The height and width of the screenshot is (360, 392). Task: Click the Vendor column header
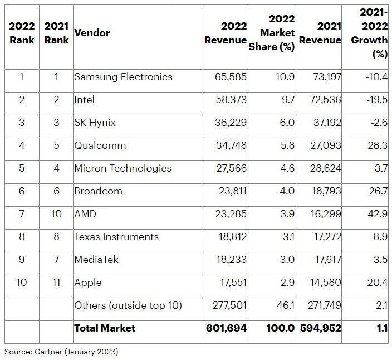coord(92,33)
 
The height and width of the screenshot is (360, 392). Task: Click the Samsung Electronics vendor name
coord(123,77)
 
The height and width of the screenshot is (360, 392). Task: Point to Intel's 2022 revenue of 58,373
coord(231,100)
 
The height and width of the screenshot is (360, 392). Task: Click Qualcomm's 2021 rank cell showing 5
coord(56,145)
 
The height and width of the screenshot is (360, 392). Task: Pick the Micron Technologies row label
coord(122,168)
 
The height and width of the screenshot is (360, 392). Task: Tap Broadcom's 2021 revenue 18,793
coord(325,191)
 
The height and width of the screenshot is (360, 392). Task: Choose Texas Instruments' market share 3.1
coord(287,237)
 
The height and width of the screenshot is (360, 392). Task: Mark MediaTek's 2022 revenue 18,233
coord(231,260)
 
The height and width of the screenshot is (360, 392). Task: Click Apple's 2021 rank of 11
coord(56,283)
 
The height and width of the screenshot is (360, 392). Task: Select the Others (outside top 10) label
coord(128,305)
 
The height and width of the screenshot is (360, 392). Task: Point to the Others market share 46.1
coord(286,305)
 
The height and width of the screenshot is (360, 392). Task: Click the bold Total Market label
coord(104,328)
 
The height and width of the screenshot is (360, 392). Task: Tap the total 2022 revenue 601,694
coord(226,328)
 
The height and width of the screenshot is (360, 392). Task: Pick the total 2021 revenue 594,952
coord(320,328)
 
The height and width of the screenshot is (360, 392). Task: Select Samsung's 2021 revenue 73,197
coord(325,77)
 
